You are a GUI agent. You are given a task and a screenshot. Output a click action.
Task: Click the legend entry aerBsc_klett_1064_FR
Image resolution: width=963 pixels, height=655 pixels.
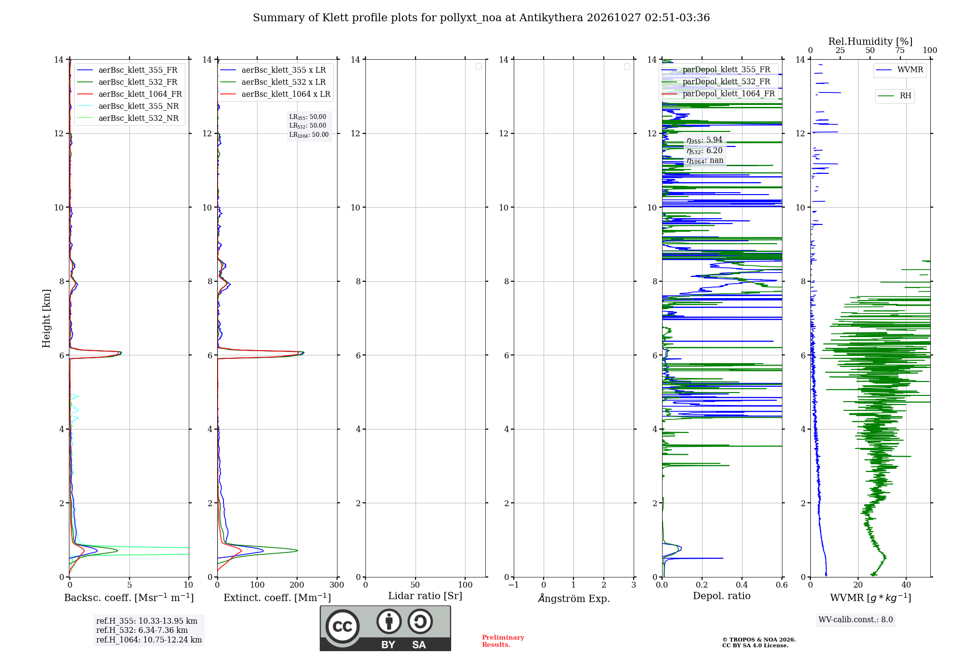coord(130,94)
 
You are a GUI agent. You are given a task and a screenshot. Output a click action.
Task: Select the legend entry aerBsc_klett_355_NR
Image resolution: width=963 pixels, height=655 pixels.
coord(128,106)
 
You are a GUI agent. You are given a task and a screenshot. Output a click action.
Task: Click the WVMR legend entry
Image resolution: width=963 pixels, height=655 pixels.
coord(899,70)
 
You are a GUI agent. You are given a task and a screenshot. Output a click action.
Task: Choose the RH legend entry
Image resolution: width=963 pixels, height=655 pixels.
coord(894,96)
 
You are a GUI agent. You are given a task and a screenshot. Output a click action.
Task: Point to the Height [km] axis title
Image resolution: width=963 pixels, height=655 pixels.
coord(46,318)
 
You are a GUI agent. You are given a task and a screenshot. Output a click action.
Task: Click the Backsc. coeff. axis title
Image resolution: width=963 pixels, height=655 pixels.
coord(129,598)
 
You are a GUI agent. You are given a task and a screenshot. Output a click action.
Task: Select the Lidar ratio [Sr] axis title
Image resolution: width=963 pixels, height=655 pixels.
coord(425,596)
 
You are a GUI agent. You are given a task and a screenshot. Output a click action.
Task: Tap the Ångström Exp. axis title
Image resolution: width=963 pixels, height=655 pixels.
coord(574,598)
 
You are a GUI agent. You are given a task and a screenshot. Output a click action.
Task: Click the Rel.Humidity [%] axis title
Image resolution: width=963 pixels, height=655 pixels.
coord(871,41)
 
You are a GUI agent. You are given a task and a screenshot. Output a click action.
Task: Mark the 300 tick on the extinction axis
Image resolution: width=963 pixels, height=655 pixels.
coord(337,585)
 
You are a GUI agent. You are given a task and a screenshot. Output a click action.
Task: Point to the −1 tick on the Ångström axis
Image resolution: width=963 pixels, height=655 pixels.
coord(514,585)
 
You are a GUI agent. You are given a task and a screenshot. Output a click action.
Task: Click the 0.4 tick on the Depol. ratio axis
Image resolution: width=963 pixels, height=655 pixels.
coord(742,585)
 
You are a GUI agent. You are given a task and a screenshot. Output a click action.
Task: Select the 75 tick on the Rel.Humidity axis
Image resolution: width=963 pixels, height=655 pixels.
coord(899,51)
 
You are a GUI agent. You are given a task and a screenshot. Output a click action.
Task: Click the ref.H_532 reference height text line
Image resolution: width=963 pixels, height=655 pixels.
coord(142,630)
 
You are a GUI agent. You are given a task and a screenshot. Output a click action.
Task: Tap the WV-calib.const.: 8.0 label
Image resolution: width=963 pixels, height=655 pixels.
coord(856,620)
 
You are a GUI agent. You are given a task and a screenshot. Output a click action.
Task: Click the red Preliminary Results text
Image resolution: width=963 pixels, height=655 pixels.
coord(503,641)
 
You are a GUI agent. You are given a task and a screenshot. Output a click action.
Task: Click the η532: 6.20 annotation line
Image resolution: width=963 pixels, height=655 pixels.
coord(704,151)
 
